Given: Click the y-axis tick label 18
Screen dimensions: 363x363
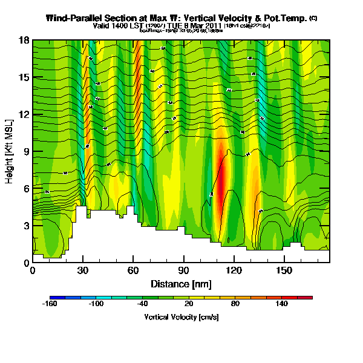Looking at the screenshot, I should coord(24,40).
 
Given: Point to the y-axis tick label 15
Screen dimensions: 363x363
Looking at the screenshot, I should coord(24,77).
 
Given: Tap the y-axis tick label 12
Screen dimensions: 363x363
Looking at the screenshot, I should coord(24,114).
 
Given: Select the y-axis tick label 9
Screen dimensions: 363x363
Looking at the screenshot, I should coord(25,151).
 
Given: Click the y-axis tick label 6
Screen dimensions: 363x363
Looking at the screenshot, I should coord(25,188).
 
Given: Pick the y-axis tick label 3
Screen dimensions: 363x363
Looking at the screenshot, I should coord(25,226).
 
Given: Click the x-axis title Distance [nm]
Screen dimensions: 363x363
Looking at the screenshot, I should coord(181,283).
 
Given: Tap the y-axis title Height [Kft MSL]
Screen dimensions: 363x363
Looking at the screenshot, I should coord(10,151).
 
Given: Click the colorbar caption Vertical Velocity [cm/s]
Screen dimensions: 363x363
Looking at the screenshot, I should coord(181,317).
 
